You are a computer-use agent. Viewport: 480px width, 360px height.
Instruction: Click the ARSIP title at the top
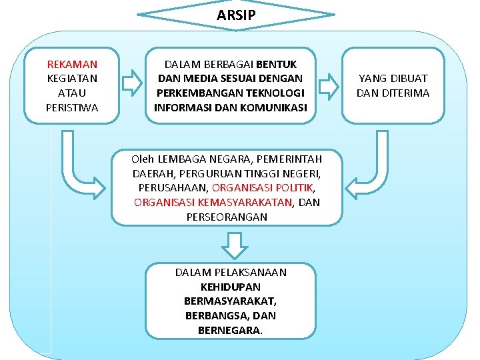click(x=236, y=15)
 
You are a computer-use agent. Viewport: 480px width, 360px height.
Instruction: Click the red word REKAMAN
click(x=72, y=65)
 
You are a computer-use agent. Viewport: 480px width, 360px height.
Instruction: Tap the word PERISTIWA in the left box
click(x=72, y=107)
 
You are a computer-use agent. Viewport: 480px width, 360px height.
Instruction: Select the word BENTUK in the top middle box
click(x=277, y=65)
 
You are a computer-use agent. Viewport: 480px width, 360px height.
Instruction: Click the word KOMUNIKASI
click(x=275, y=107)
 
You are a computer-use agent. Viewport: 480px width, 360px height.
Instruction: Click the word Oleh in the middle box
click(x=142, y=159)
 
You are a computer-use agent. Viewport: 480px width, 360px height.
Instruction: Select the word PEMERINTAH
click(x=288, y=159)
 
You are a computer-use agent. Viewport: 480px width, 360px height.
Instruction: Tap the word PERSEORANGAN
click(x=227, y=217)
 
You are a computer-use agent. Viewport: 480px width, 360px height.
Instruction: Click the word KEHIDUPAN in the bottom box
click(x=231, y=287)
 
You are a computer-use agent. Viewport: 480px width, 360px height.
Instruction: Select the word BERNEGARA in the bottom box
click(x=229, y=330)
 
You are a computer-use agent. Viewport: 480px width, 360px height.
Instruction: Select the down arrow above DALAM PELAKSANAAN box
click(x=233, y=245)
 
